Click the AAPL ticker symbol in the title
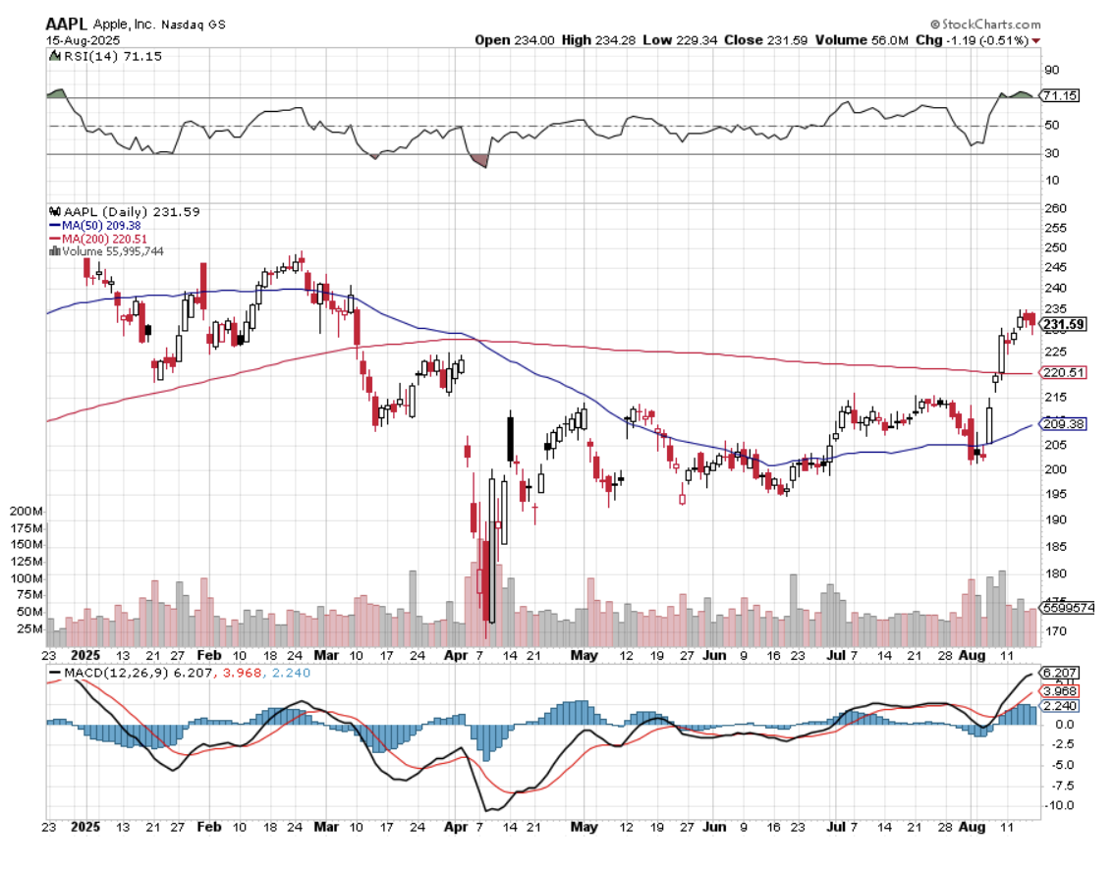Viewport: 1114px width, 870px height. click(64, 24)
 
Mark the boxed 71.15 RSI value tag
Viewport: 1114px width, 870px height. click(1061, 96)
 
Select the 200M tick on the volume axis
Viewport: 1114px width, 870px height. click(26, 513)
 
